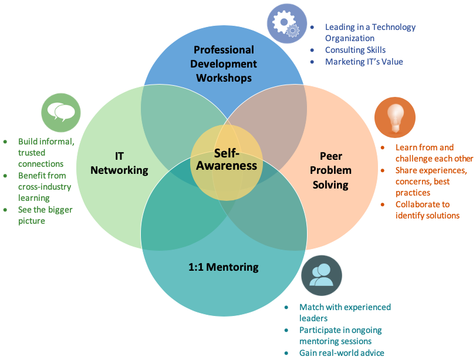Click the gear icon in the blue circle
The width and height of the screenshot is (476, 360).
point(286,23)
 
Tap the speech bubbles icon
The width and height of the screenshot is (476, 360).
point(60,112)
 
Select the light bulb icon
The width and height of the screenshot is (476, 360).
point(395,118)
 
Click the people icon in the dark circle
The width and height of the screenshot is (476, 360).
point(321,275)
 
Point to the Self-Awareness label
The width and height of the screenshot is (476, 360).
point(227,160)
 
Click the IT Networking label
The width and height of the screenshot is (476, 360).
point(119,163)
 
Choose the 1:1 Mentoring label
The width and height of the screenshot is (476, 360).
point(224,267)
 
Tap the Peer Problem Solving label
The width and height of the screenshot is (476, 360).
point(330,170)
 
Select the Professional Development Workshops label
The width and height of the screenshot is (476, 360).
point(224,64)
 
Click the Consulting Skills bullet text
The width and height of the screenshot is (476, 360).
point(355,50)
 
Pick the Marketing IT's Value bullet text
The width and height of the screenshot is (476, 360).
point(364,62)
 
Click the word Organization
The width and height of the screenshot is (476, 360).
point(350,38)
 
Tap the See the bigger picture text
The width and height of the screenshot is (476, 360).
point(45,215)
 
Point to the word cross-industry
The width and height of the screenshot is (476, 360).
point(45,187)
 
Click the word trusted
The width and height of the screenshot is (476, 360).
point(32,153)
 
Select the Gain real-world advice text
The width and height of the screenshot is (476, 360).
point(342,353)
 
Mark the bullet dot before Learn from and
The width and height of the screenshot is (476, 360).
point(383,147)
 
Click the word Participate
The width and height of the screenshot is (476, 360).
point(320,330)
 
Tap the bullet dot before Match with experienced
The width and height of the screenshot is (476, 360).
point(286,308)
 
